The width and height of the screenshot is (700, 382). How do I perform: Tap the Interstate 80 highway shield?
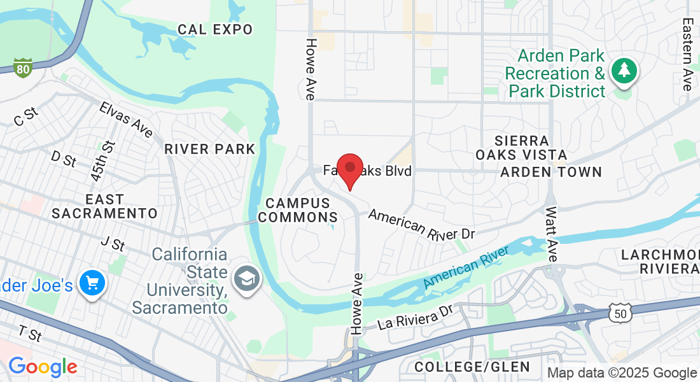point(23,67)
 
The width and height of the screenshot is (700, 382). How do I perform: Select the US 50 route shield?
point(619,313)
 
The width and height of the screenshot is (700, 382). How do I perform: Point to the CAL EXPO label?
point(215,29)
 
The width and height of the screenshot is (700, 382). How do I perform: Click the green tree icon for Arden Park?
point(624,71)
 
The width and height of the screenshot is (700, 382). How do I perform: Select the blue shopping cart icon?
point(92,283)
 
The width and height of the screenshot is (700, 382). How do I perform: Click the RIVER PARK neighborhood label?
point(210,149)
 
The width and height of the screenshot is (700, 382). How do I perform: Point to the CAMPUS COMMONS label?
point(298,210)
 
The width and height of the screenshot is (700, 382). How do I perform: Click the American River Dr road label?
point(421,225)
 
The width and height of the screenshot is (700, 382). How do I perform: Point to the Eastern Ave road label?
point(687,54)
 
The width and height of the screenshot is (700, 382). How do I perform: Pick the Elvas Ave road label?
point(126,119)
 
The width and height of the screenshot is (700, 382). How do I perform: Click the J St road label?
point(113,243)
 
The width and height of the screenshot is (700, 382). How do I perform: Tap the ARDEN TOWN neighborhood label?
point(551,172)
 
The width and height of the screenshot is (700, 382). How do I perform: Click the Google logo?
point(43,367)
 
